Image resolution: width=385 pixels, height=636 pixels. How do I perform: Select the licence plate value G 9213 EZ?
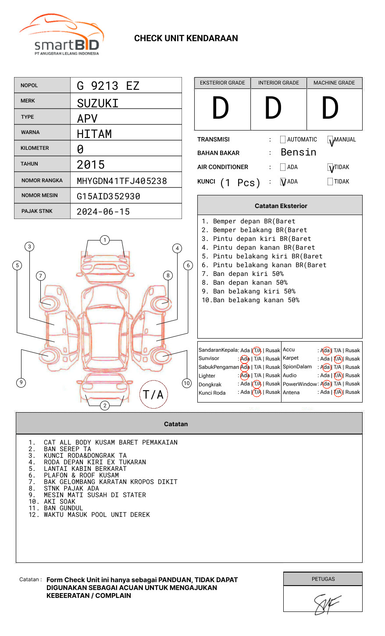[x=108, y=86]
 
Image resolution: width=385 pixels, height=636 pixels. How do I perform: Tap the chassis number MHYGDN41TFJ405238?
[x=121, y=181]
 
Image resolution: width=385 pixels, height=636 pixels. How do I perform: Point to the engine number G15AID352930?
[x=108, y=196]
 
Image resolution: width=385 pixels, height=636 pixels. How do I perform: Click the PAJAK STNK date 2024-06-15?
[x=103, y=212]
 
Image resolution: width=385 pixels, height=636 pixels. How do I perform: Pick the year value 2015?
[x=91, y=165]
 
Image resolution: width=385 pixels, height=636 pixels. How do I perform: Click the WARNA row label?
[x=30, y=132]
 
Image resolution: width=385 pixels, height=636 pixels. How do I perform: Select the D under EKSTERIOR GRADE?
[x=221, y=108]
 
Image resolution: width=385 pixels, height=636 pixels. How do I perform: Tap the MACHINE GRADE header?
[x=334, y=83]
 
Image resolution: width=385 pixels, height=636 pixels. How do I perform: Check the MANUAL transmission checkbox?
[x=331, y=140]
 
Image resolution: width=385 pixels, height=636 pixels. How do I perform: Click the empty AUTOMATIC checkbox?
[x=283, y=140]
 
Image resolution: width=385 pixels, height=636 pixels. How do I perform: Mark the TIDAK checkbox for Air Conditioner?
[x=331, y=167]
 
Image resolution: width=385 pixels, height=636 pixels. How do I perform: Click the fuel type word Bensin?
[x=298, y=152]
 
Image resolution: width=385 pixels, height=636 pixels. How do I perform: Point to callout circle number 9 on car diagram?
[x=21, y=382]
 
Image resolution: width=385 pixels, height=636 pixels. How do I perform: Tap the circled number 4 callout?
[x=177, y=248]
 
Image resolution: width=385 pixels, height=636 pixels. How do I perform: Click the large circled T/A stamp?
[x=153, y=395]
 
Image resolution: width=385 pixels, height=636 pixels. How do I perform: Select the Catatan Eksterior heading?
[x=281, y=206]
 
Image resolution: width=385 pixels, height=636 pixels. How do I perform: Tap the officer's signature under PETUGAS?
[x=326, y=604]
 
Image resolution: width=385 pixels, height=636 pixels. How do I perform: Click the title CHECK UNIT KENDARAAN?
[x=186, y=39]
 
